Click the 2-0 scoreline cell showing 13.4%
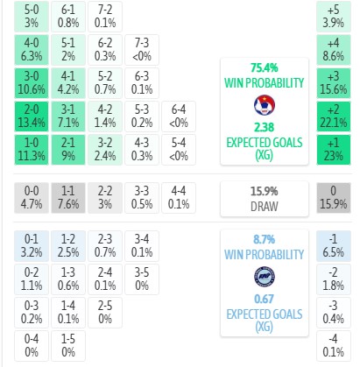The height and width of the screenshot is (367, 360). tap(32, 116)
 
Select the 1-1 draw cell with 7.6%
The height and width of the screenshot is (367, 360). tap(68, 198)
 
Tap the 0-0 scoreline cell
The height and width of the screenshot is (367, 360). tap(32, 198)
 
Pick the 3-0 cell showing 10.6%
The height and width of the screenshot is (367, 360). tap(32, 83)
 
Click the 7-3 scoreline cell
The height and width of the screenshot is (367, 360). tap(142, 50)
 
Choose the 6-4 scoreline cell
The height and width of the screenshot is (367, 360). tap(179, 116)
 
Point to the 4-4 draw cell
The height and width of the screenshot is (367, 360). tap(179, 198)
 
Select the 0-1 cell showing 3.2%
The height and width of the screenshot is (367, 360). tap(32, 246)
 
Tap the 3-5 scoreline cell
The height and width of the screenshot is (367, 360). tap(142, 279)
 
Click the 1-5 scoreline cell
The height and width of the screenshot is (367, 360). tap(68, 346)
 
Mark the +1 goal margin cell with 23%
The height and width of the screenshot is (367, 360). tap(334, 150)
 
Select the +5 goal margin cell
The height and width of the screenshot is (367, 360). tap(334, 17)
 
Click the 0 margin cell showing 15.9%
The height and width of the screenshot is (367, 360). tap(334, 198)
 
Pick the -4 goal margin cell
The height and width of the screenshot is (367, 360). tap(334, 346)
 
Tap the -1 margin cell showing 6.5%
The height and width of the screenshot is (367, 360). tap(334, 246)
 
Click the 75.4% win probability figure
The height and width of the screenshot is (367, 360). tap(265, 67)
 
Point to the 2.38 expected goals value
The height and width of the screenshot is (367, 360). tap(265, 127)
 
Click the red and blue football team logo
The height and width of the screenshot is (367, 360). tap(265, 105)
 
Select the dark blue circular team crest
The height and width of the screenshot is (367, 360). tap(265, 277)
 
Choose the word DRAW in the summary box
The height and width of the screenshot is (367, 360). tap(265, 207)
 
